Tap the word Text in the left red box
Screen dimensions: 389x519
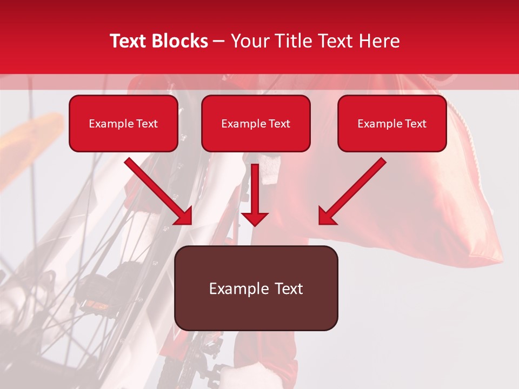tap(147, 124)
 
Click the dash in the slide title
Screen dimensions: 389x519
tap(219, 42)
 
